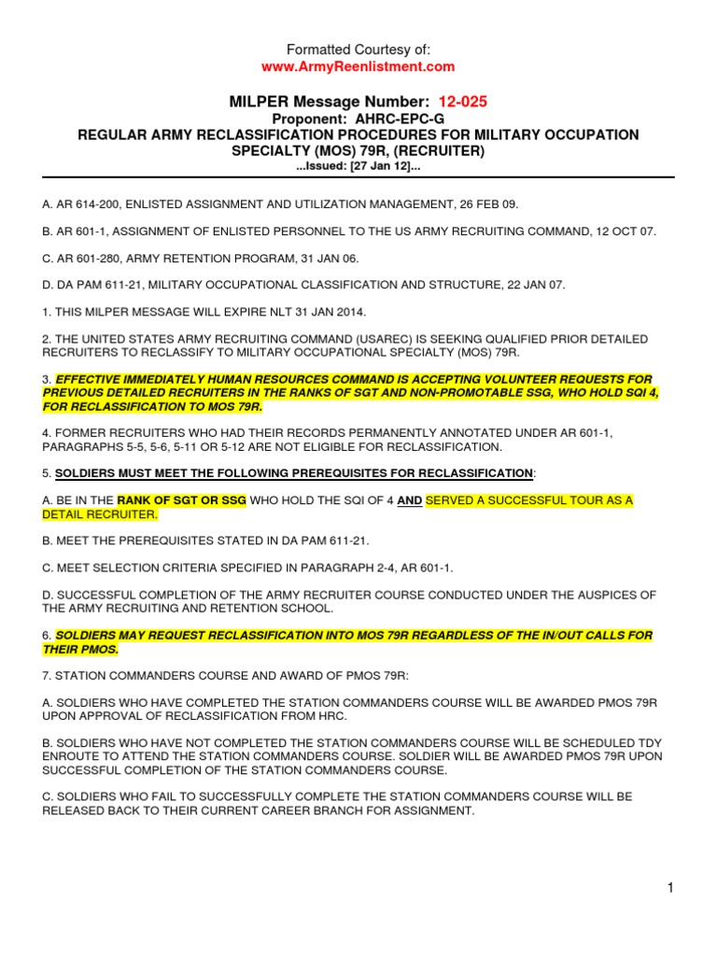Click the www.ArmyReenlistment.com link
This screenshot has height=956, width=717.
click(358, 66)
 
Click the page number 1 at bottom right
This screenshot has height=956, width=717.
click(670, 888)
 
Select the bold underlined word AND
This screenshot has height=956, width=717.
click(409, 500)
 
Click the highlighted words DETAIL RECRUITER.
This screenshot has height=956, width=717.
click(100, 514)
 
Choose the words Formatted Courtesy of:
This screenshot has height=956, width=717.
click(358, 49)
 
